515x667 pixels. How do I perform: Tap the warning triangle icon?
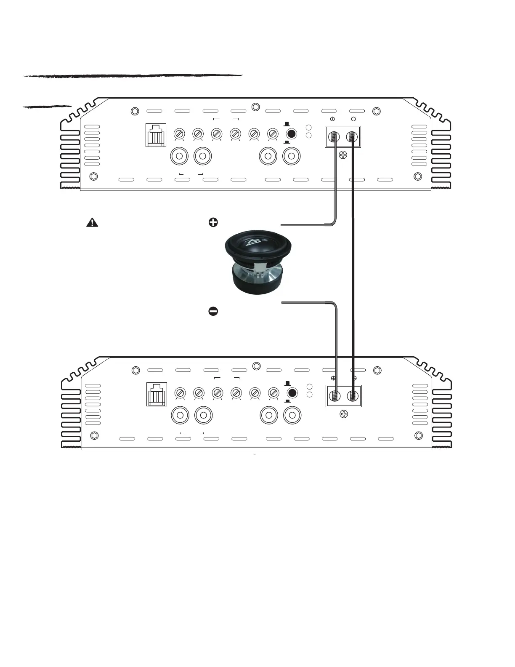click(92, 223)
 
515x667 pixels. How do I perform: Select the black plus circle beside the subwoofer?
click(213, 223)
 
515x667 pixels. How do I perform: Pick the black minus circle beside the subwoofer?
click(213, 311)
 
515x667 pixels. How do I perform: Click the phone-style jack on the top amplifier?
click(156, 135)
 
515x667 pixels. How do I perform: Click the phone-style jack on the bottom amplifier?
click(157, 394)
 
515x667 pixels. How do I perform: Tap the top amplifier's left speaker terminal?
click(334, 136)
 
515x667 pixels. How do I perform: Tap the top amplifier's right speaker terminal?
click(352, 136)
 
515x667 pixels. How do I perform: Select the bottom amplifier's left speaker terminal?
click(335, 396)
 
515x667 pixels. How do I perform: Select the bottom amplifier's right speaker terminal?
click(353, 396)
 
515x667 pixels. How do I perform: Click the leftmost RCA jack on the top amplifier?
click(179, 156)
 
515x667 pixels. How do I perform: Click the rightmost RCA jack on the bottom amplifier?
click(293, 416)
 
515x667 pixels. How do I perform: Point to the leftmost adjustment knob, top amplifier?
click(179, 134)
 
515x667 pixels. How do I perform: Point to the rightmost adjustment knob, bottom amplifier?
click(273, 393)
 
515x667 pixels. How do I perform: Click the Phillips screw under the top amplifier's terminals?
click(343, 155)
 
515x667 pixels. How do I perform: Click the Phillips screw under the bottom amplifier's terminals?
click(344, 414)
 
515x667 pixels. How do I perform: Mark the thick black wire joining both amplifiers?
click(353, 261)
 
